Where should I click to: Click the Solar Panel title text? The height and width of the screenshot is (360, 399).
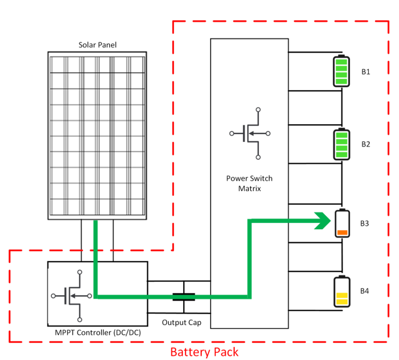click(97, 45)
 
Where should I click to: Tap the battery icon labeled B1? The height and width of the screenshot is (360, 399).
click(341, 72)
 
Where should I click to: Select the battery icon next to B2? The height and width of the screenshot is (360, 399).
click(341, 144)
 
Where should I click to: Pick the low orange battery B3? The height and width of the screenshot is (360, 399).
click(341, 223)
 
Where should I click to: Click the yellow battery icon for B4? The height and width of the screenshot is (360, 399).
click(341, 291)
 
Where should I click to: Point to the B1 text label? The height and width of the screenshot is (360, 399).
click(365, 72)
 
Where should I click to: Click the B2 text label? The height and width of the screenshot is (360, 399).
click(365, 144)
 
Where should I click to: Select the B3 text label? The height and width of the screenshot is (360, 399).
click(364, 224)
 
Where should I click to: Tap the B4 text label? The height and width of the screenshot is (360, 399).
click(364, 291)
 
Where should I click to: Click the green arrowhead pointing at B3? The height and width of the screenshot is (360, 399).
click(322, 221)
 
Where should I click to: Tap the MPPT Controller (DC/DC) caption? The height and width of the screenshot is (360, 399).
click(97, 333)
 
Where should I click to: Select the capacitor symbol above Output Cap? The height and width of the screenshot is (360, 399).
click(183, 297)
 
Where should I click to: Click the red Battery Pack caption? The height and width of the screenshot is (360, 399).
click(204, 352)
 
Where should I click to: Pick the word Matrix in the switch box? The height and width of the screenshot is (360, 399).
click(249, 189)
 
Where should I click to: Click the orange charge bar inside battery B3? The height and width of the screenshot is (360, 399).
click(341, 232)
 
